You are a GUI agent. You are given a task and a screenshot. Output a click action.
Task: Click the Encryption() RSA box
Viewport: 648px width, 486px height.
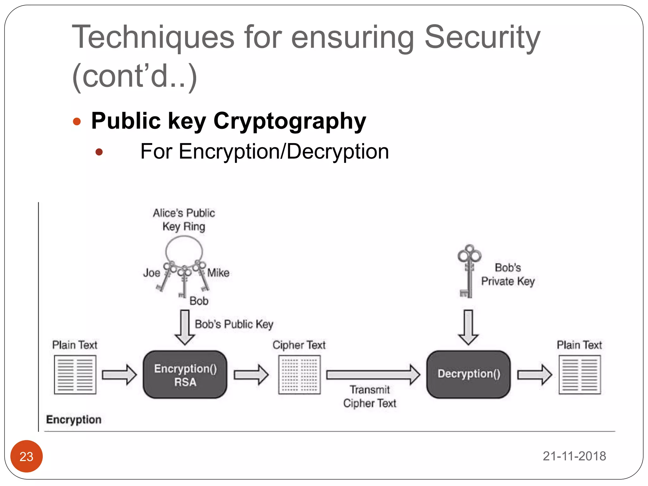[x=185, y=375]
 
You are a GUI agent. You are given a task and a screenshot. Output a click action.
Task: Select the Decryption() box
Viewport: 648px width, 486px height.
[x=469, y=374]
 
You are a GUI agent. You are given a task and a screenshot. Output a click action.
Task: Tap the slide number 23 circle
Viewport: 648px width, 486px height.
[x=27, y=456]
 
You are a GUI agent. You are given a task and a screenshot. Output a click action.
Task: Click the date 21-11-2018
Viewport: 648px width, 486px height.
[x=574, y=456]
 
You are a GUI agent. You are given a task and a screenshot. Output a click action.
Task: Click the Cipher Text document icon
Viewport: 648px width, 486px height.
[x=299, y=375]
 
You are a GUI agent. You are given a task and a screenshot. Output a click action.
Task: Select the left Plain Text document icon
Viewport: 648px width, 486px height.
[x=75, y=375]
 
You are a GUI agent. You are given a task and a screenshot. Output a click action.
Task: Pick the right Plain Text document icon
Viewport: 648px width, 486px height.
[x=580, y=375]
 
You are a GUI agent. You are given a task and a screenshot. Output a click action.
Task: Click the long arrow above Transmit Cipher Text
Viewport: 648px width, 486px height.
[x=373, y=375]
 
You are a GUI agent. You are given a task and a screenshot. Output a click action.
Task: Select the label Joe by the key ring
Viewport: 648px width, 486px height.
[x=152, y=273]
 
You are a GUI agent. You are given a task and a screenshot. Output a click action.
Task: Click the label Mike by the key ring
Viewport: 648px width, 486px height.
[x=218, y=273]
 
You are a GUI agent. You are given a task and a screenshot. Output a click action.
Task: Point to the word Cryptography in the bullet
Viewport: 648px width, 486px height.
[x=290, y=121]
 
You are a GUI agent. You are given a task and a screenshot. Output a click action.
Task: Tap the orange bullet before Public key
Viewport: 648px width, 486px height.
[x=77, y=121]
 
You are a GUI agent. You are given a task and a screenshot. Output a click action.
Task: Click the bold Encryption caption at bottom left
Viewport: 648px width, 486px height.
[x=74, y=420]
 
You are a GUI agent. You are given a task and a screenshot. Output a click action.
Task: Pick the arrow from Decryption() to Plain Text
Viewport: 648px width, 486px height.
[x=535, y=375]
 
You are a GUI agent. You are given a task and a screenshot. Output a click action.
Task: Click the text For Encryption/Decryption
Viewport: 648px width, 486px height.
[x=265, y=152]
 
